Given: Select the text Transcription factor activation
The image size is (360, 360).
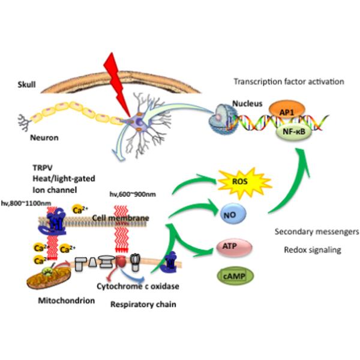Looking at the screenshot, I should [292, 81].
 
